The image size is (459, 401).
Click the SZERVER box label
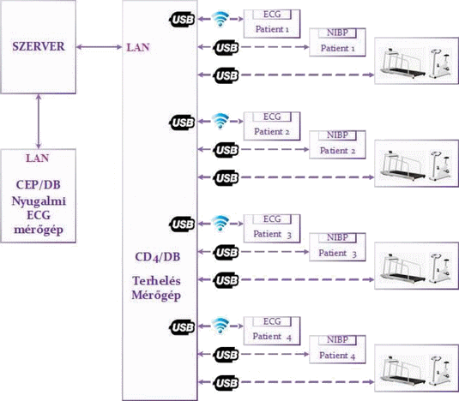point(39,46)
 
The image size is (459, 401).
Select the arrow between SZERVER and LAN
point(99,47)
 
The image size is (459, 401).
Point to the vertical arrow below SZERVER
point(39,122)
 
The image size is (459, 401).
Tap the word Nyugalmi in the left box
point(39,201)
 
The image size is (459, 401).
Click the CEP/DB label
point(39,185)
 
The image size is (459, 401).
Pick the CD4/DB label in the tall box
point(158,257)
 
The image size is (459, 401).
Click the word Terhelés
point(156,281)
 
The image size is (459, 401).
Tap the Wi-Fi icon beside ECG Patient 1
point(220,19)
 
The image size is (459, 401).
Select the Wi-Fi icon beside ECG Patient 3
point(220,224)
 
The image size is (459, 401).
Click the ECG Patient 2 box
point(272,126)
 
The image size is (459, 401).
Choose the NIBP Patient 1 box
point(337,42)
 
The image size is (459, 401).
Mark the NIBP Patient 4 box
point(337,350)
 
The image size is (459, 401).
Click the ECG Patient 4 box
point(272,331)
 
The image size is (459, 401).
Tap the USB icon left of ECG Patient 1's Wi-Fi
point(182,20)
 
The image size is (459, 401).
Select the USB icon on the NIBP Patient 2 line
point(226,150)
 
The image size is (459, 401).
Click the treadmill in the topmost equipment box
point(402,63)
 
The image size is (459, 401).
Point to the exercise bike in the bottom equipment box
point(440,370)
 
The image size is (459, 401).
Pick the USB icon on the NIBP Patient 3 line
point(226,252)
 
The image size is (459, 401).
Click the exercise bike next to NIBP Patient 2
point(440,165)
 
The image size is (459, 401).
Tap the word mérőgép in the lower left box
point(39,230)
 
